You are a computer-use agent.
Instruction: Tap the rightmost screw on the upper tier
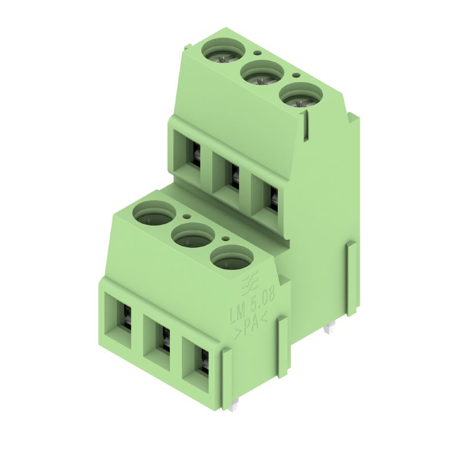click(301, 95)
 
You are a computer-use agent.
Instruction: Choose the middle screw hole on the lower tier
click(193, 236)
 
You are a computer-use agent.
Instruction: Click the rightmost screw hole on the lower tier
click(231, 258)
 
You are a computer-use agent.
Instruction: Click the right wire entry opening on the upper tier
click(267, 198)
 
